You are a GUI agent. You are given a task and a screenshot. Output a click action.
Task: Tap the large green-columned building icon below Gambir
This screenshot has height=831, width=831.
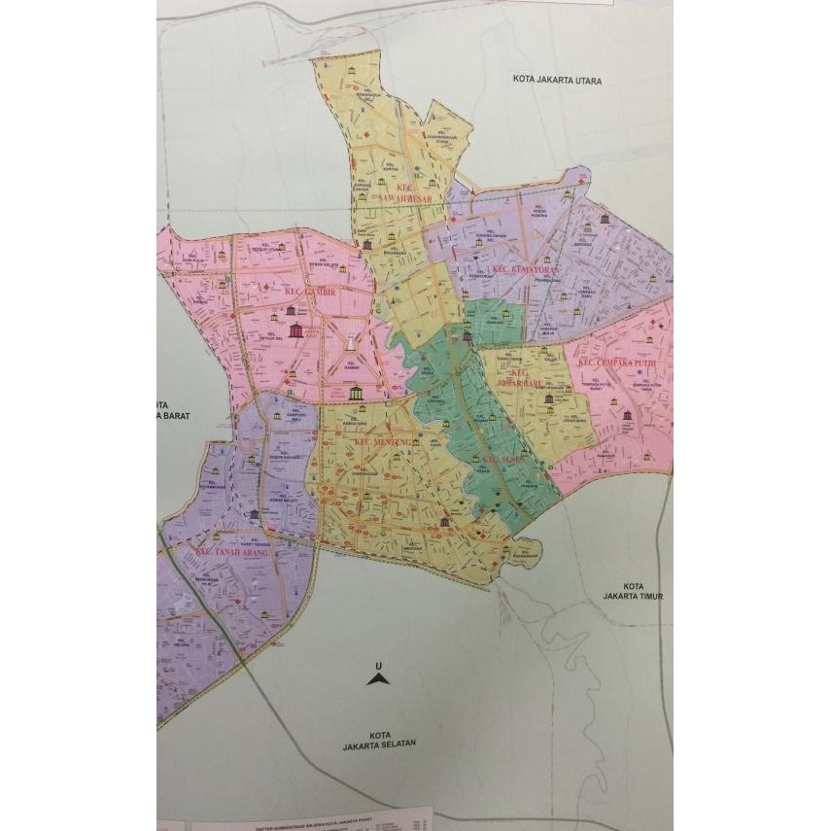[353, 393]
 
